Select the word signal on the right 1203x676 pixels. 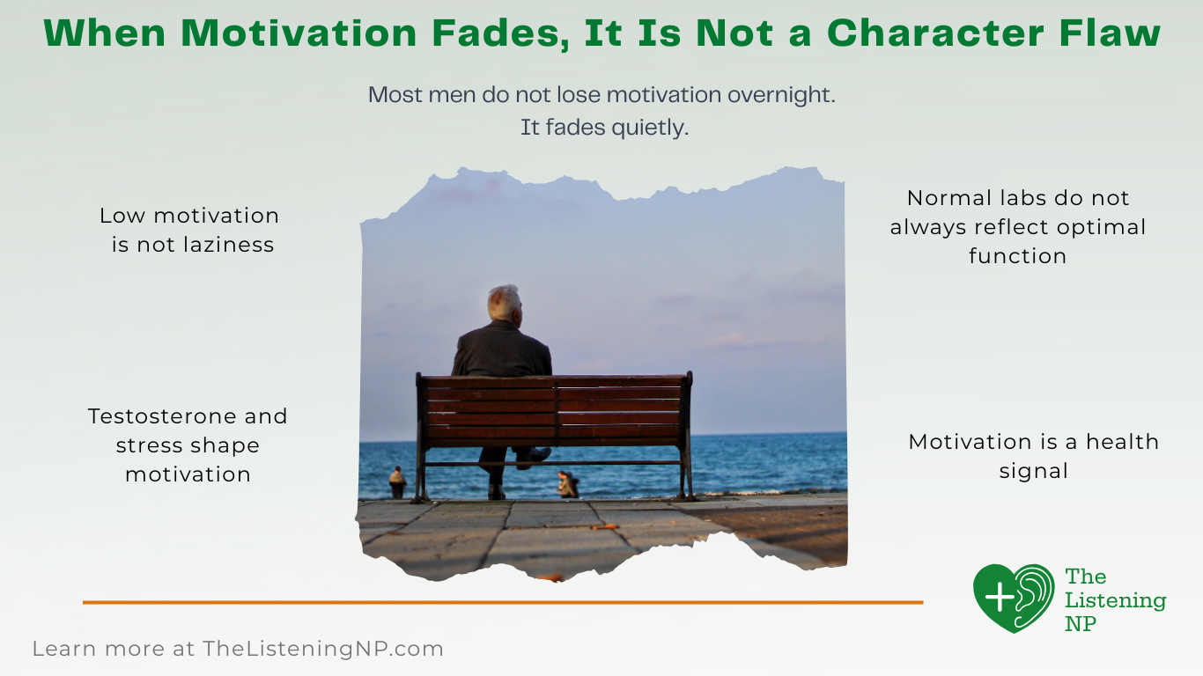[1033, 471]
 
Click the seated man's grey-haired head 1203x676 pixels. [505, 302]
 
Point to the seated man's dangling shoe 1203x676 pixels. [535, 458]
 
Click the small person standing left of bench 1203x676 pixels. [398, 482]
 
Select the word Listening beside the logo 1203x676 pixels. [1115, 601]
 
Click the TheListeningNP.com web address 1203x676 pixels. [322, 650]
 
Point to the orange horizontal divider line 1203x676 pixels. [502, 602]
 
